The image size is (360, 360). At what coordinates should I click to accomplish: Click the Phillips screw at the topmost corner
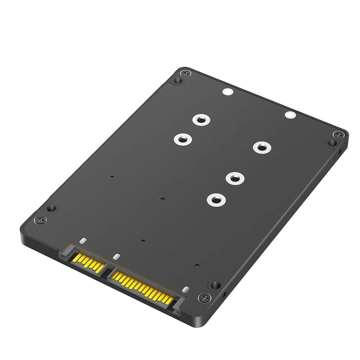(x=186, y=73)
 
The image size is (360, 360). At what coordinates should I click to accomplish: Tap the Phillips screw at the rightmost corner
(x=338, y=135)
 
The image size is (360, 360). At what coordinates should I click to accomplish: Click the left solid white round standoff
(x=227, y=93)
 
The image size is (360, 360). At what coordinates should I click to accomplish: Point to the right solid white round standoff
(x=290, y=115)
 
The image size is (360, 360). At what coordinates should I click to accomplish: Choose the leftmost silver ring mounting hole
(x=183, y=139)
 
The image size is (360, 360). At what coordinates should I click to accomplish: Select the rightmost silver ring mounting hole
(x=261, y=147)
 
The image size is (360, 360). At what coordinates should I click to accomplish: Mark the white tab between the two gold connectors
(x=116, y=257)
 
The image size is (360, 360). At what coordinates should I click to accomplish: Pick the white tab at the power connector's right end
(x=185, y=289)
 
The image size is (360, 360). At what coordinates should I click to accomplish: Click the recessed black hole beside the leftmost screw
(x=51, y=208)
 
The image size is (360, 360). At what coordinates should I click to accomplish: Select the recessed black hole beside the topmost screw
(x=177, y=80)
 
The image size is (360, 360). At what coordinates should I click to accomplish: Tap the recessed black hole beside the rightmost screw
(x=332, y=143)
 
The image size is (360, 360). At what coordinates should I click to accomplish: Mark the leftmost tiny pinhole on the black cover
(x=112, y=176)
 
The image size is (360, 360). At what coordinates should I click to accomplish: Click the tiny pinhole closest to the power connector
(x=197, y=266)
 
